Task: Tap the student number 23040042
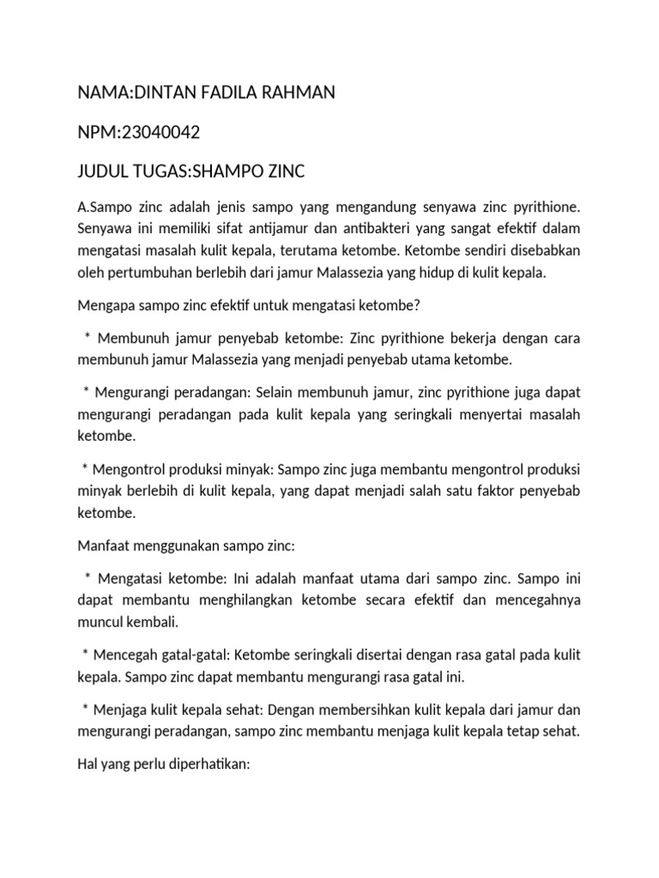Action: [162, 133]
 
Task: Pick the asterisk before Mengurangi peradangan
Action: [87, 393]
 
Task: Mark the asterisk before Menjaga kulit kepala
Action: [86, 711]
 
